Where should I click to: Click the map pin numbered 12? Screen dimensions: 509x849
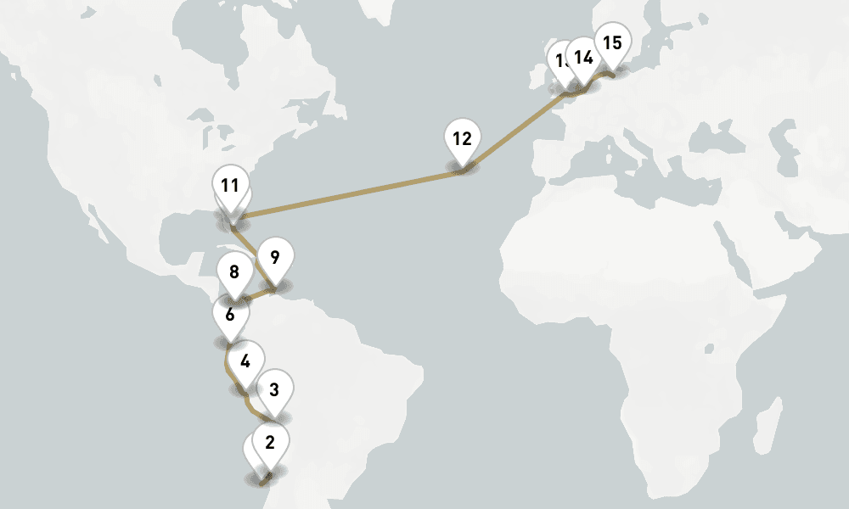click(462, 139)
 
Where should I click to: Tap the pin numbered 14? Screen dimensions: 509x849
click(583, 58)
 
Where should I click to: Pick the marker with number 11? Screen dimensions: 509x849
click(229, 185)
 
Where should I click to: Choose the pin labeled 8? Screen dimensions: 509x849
click(234, 273)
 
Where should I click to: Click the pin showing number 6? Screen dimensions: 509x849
click(229, 315)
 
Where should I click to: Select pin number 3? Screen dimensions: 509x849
click(273, 390)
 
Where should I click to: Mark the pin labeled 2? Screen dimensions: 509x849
click(270, 442)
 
